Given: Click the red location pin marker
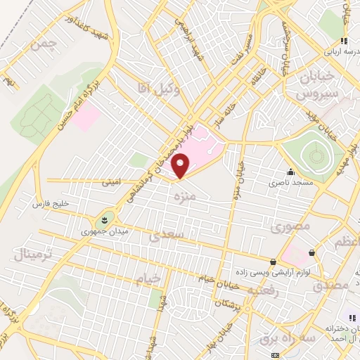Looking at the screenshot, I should tap(181, 165).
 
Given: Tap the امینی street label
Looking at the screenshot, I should tap(110, 182).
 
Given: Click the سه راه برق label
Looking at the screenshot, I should tap(260, 337).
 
